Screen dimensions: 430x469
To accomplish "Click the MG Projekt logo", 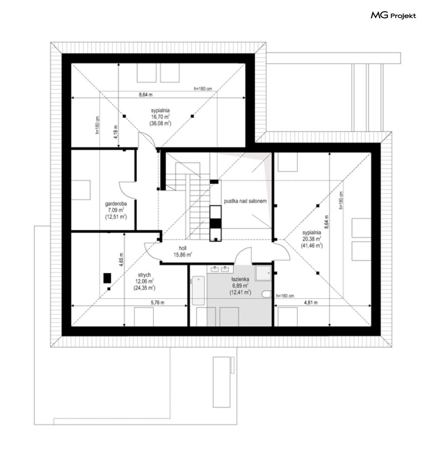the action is (x=393, y=16).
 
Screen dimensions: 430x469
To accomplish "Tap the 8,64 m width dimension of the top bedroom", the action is (x=146, y=95).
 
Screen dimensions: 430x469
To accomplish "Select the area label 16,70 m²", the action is (x=161, y=117).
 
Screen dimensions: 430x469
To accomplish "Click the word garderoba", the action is (x=116, y=204).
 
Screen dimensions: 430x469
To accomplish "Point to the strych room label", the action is (x=144, y=274).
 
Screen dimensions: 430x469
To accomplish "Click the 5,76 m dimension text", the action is (x=158, y=303).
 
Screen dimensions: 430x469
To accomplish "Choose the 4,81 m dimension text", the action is (x=311, y=303).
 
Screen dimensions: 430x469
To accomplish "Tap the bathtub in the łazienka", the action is (x=198, y=290).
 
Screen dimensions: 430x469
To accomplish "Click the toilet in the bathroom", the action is (x=267, y=294).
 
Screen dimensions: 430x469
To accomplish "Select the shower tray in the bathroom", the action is (x=263, y=273).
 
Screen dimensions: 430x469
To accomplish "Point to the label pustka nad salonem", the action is (x=245, y=201).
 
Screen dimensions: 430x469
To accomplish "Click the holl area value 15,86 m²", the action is (x=183, y=255).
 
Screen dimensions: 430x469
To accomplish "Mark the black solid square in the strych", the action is (x=107, y=278).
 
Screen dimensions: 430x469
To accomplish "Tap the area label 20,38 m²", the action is (x=312, y=239).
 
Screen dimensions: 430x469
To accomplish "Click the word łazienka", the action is (x=240, y=279).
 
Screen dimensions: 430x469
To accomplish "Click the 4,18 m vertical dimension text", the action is (x=116, y=131).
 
